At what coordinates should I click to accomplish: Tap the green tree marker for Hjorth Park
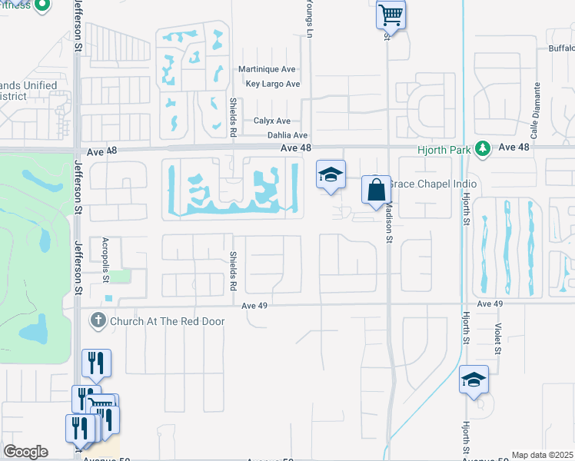pyautogui.click(x=483, y=148)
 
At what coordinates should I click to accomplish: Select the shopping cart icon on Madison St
pyautogui.click(x=391, y=14)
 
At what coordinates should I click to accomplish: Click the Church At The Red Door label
pyautogui.click(x=167, y=320)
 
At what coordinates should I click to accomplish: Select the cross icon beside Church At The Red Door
pyautogui.click(x=98, y=320)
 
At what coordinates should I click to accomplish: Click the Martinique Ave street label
pyautogui.click(x=268, y=69)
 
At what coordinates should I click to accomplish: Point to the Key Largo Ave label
pyautogui.click(x=272, y=84)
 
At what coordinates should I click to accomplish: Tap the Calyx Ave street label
pyautogui.click(x=272, y=121)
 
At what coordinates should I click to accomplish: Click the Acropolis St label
pyautogui.click(x=107, y=261)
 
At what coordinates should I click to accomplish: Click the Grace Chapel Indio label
pyautogui.click(x=434, y=184)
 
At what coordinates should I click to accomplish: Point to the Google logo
pyautogui.click(x=25, y=451)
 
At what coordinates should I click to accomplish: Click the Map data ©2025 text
pyautogui.click(x=542, y=455)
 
